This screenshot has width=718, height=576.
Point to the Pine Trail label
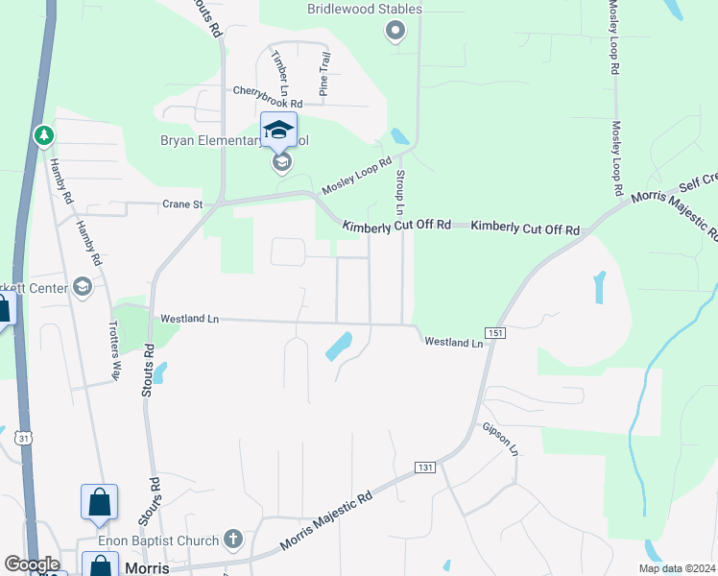(324, 75)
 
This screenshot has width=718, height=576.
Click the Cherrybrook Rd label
(268, 91)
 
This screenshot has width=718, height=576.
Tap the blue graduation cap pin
(278, 130)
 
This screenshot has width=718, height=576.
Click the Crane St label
(182, 204)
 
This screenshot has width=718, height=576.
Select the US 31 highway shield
(21, 438)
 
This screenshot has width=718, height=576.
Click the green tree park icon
(43, 136)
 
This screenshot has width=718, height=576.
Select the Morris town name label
(147, 567)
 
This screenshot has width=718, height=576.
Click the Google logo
(32, 564)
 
